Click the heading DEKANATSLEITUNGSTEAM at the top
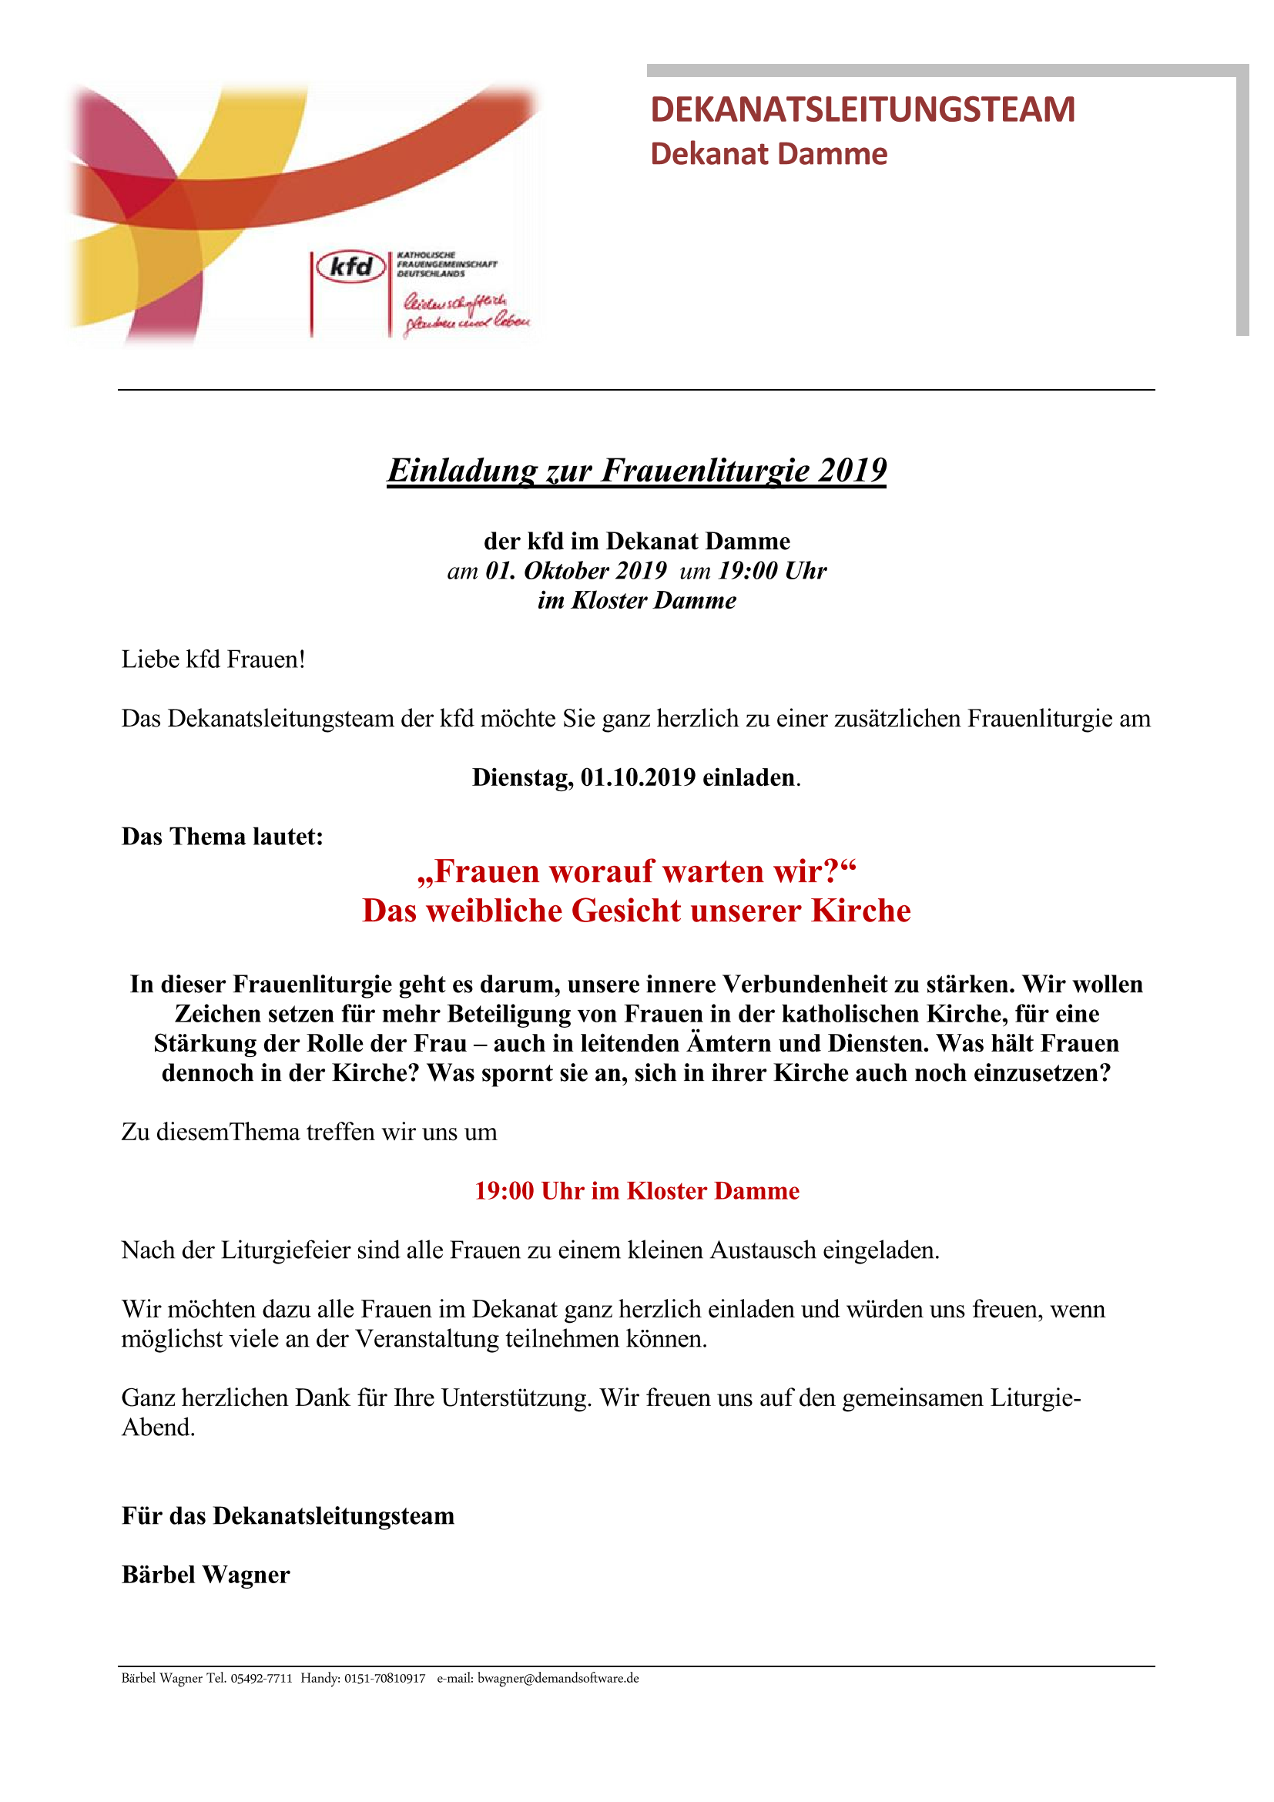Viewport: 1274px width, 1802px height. [862, 109]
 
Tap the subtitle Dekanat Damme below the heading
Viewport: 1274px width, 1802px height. [768, 154]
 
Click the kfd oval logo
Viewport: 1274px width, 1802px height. [350, 267]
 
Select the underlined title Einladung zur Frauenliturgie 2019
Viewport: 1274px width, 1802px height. [636, 471]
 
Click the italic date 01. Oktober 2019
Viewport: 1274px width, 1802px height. [576, 571]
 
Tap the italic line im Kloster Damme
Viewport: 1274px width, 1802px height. [636, 600]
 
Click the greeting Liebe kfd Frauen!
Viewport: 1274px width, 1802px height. [213, 659]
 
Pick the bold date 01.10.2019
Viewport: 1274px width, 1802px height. [638, 777]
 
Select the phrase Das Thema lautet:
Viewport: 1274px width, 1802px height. [222, 837]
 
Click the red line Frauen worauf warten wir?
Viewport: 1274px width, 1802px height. [636, 871]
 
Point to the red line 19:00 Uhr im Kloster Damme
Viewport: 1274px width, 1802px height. [636, 1190]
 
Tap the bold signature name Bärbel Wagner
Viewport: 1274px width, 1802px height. [206, 1575]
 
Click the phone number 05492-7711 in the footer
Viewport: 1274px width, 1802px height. [261, 1679]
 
